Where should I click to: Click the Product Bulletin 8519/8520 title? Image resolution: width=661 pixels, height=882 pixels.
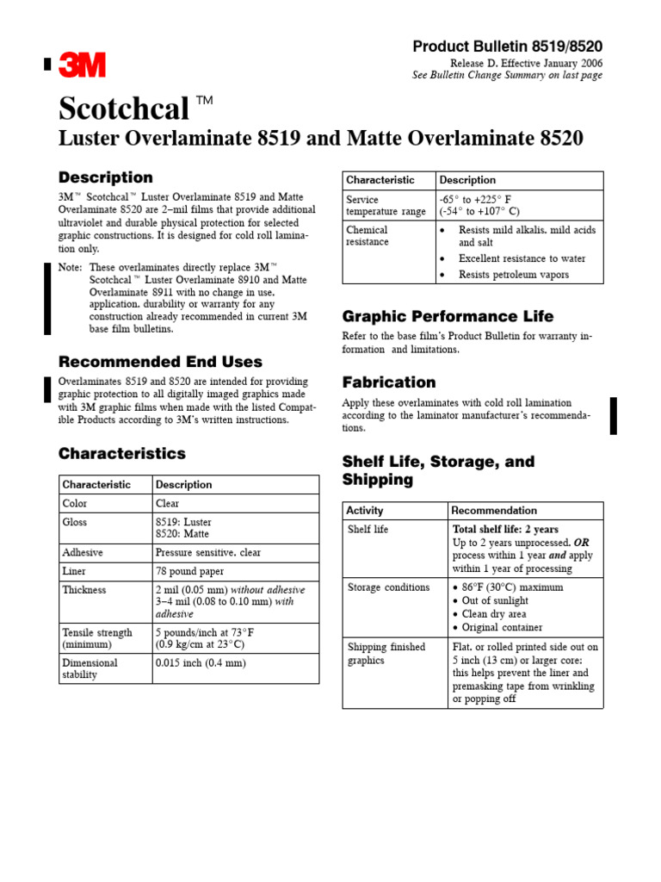point(508,47)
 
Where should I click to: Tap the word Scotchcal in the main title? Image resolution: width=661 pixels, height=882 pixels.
point(124,109)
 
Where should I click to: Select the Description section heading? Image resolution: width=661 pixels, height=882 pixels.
point(105,177)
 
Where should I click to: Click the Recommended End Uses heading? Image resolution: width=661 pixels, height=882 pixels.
point(160,362)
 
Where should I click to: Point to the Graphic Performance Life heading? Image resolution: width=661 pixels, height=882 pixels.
point(448,316)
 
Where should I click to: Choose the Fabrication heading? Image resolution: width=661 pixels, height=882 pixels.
point(389,382)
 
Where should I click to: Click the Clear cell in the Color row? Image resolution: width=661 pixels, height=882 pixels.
point(168,503)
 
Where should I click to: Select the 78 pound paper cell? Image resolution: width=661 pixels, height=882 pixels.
point(190,571)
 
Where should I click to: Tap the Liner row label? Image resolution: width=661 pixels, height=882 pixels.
point(75,571)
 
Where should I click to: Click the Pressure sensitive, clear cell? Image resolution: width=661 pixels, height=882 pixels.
point(208,552)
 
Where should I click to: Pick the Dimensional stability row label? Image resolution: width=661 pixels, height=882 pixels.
point(90,668)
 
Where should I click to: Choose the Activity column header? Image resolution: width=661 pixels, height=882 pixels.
point(366,510)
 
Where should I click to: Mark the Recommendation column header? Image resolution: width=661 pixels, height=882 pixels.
point(494,510)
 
